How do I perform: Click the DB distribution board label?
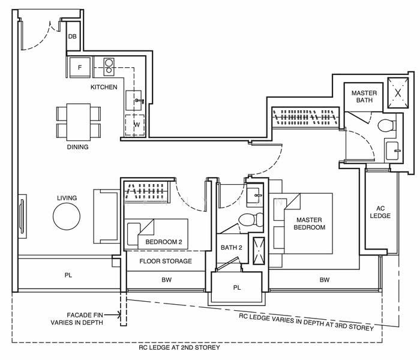coord(73,37)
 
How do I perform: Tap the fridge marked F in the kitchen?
coord(80,67)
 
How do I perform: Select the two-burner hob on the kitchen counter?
coord(109,67)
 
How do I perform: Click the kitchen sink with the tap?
coord(134,100)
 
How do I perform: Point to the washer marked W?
coord(135,125)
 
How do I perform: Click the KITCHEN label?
coord(104,87)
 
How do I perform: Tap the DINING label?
coord(77,147)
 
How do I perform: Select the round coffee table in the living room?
coord(67,217)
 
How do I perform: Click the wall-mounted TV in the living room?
coord(22,217)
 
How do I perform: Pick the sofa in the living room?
coord(106,217)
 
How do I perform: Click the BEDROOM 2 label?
coord(164,242)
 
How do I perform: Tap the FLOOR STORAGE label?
coord(166,261)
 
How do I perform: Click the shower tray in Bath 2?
coord(259,251)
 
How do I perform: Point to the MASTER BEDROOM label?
coord(309,224)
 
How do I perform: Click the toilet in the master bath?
coord(387,125)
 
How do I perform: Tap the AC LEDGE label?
coord(380,212)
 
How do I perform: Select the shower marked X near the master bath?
coord(398,93)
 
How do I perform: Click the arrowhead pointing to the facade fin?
coord(119,315)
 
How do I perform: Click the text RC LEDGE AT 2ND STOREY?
coord(179,347)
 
